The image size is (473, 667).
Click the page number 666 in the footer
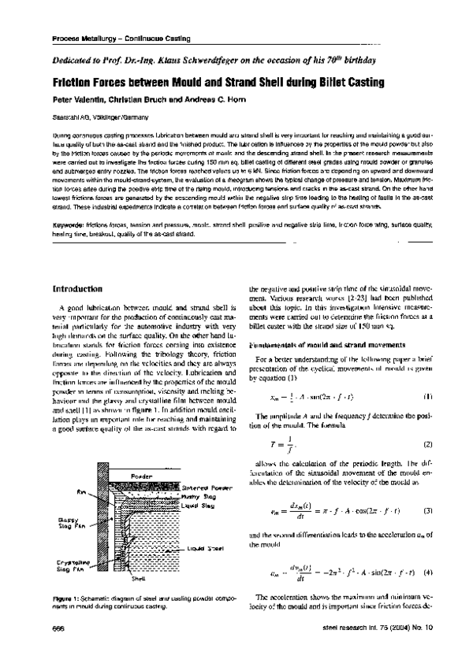coord(58,648)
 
